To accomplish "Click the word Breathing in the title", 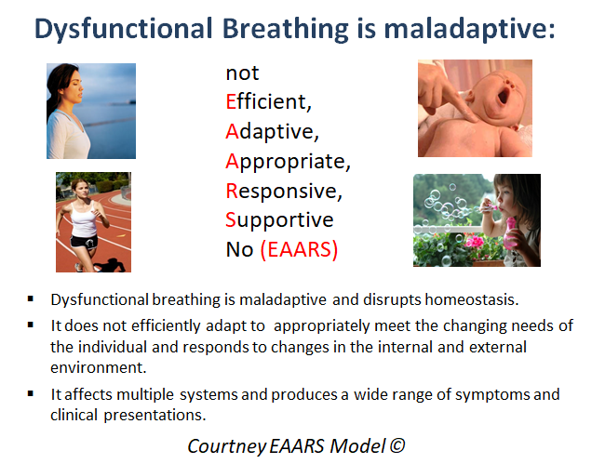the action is coord(286,29).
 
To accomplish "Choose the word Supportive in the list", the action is coord(279,220).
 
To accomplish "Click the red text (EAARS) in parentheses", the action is coord(299,249).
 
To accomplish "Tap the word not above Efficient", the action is coord(242,73).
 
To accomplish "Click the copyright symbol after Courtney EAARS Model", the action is coord(397,446).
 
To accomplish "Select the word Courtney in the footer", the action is coord(227,446).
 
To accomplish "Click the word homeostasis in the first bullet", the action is coord(471,299).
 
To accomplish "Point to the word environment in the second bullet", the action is coord(99,367).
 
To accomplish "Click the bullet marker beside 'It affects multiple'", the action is coord(31,394).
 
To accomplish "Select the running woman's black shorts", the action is coord(84,242).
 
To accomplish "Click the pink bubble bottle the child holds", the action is coord(510,233).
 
